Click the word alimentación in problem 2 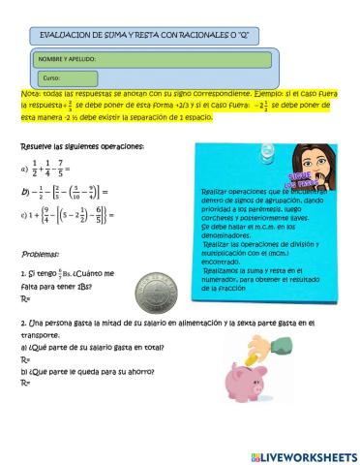point(204,322)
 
